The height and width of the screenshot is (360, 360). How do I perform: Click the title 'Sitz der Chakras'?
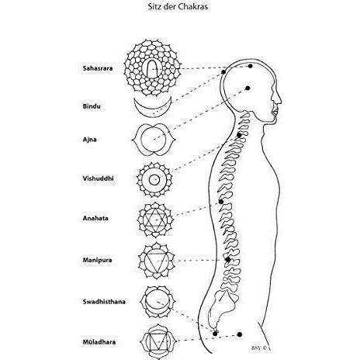click(x=178, y=7)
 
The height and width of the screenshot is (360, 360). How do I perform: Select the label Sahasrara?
click(x=98, y=68)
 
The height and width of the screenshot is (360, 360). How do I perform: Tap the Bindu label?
click(x=92, y=106)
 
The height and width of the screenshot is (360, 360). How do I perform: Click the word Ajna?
click(x=90, y=140)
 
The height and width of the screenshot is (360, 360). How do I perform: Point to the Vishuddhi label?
click(x=99, y=178)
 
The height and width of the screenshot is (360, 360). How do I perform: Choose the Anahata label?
click(x=95, y=218)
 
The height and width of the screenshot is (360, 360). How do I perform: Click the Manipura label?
click(x=97, y=260)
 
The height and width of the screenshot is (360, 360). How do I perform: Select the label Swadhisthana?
click(x=104, y=302)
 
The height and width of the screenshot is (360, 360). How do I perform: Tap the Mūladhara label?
click(x=99, y=342)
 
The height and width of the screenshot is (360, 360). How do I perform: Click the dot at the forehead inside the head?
click(x=247, y=88)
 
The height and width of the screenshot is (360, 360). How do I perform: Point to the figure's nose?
click(x=279, y=99)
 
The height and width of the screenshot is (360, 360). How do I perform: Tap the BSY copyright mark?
click(x=261, y=348)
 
